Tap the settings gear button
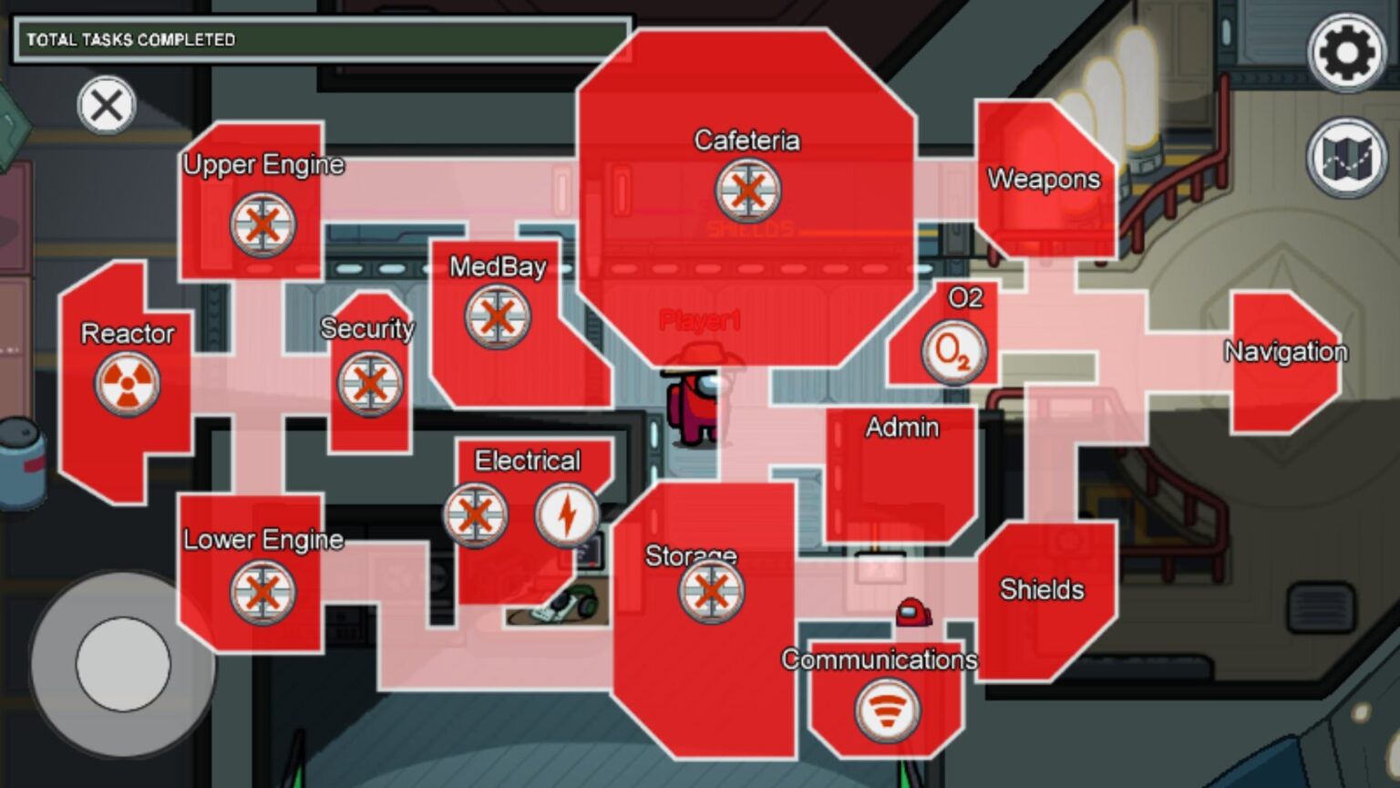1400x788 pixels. point(1346,52)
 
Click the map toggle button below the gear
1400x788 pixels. point(1346,158)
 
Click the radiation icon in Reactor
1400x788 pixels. point(128,384)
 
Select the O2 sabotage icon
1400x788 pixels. point(953,352)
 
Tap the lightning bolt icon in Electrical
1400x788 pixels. point(567,515)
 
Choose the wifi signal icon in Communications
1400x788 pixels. point(887,710)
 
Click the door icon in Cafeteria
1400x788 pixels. point(747,191)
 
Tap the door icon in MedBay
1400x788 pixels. point(497,317)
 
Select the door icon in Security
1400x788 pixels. point(369,384)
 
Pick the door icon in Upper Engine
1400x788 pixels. point(262,224)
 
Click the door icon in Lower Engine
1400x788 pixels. point(262,592)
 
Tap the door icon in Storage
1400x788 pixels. point(711,591)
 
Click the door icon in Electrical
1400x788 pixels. point(475,515)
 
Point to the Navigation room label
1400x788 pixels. point(1285,351)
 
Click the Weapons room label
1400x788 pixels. point(1044,179)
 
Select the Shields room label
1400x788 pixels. point(1042,589)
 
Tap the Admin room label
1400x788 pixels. point(902,427)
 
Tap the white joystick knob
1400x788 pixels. point(123,664)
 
